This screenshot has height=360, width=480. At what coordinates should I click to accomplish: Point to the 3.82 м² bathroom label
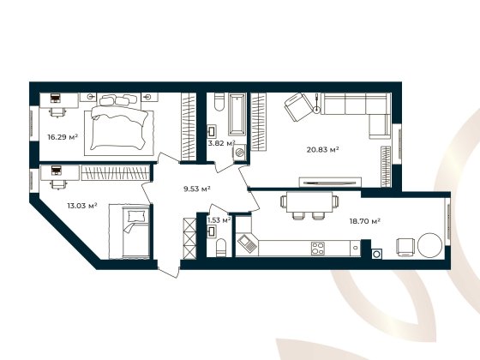[x=222, y=143]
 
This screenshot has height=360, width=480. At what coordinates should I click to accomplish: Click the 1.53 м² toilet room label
[x=219, y=221]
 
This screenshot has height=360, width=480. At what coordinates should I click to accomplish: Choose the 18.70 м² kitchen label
[x=365, y=221]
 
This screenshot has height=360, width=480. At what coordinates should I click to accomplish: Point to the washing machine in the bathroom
[x=240, y=152]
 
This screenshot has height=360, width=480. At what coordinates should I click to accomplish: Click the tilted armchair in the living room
[x=298, y=107]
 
